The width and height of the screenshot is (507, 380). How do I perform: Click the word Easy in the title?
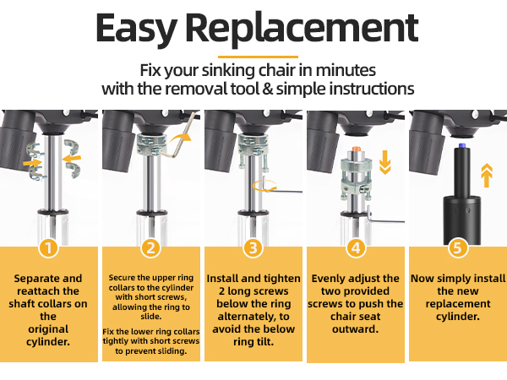pyautogui.click(x=136, y=30)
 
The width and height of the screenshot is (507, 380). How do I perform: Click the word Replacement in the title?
pyautogui.click(x=302, y=30)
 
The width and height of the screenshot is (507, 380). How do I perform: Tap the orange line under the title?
pyautogui.click(x=258, y=57)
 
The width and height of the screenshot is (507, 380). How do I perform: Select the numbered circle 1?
pyautogui.click(x=48, y=248)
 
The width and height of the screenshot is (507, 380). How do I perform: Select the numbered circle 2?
pyautogui.click(x=151, y=248)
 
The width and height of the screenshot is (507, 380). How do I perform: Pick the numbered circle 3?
pyautogui.click(x=253, y=248)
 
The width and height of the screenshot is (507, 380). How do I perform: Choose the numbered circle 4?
pyautogui.click(x=356, y=248)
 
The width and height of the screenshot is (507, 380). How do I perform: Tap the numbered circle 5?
pyautogui.click(x=458, y=248)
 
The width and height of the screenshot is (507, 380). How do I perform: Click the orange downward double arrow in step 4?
pyautogui.click(x=384, y=162)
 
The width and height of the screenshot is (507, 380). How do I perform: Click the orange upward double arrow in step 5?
pyautogui.click(x=487, y=176)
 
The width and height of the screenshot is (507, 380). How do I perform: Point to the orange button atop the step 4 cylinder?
pyautogui.click(x=357, y=149)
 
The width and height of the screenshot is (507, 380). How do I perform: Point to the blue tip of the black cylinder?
pyautogui.click(x=463, y=145)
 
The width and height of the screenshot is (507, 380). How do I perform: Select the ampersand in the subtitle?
pyautogui.click(x=267, y=89)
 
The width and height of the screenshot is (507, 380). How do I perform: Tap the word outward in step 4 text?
pyautogui.click(x=355, y=329)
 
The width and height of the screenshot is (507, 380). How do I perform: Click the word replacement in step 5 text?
pyautogui.click(x=458, y=304)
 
